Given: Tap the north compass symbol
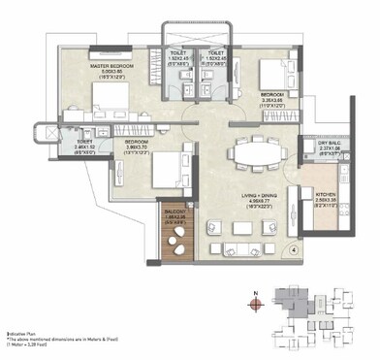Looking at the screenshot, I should [255, 303].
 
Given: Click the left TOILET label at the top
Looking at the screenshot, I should [178, 55].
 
